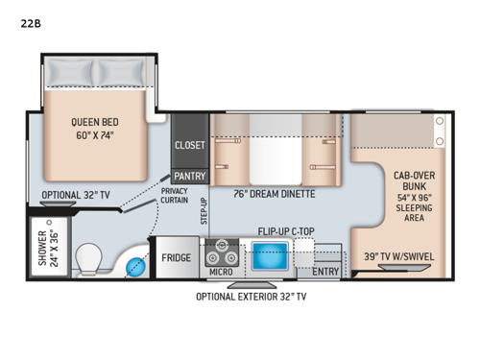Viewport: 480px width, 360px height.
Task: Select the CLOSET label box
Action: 188,145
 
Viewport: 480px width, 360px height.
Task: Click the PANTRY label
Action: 188,176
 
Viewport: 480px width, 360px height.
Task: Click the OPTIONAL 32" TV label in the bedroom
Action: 76,194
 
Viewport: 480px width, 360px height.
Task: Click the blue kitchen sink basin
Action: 268,255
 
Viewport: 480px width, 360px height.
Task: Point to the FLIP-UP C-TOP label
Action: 288,231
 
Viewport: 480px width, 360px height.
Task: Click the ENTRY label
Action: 325,273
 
